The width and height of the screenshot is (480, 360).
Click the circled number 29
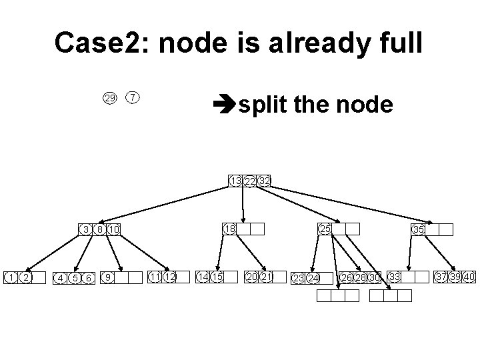click(109, 99)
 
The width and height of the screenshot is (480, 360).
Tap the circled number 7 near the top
click(133, 98)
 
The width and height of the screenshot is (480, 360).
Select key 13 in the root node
click(235, 181)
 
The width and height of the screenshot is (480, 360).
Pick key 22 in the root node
click(249, 181)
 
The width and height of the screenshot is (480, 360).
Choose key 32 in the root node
click(264, 181)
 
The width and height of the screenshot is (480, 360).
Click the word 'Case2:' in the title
click(99, 43)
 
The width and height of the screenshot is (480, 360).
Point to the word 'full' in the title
click(397, 43)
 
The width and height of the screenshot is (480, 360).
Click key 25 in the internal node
click(325, 229)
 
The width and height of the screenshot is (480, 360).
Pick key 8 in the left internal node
click(100, 230)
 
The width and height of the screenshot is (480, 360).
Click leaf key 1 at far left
click(11, 277)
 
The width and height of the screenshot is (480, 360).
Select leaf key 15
click(217, 277)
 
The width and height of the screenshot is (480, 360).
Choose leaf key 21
click(266, 277)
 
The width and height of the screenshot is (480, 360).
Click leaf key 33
click(395, 277)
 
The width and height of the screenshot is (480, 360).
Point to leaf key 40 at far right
click(469, 277)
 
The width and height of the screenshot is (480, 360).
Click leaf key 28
click(361, 277)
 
